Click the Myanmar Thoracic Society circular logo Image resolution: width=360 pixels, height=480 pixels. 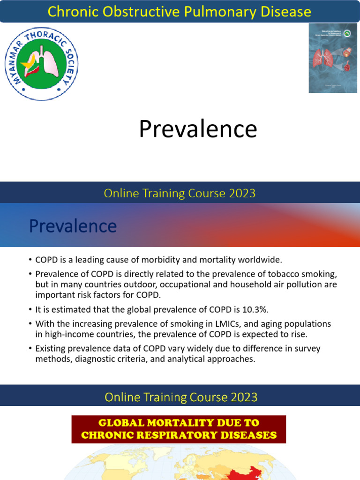coord(41,62)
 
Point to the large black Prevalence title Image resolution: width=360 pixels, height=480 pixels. coord(198,129)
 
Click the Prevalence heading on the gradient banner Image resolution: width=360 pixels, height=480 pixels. coord(73,226)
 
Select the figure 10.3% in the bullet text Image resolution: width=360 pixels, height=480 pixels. coord(256,310)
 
